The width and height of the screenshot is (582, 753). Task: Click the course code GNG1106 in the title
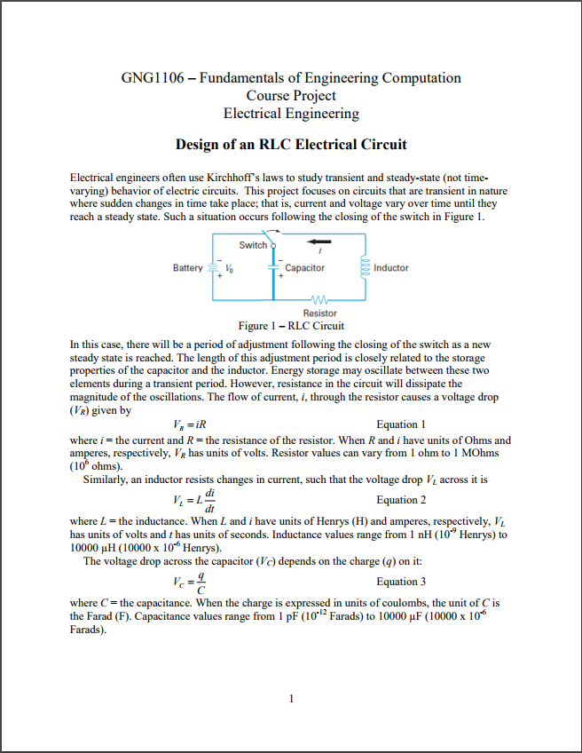coord(152,78)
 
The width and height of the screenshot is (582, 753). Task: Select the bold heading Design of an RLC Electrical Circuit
coord(291,145)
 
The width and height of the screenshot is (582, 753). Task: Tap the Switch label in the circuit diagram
coord(253,245)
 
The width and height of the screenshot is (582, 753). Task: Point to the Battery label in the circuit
coord(188,267)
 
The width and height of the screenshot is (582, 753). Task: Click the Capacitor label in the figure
coord(305,267)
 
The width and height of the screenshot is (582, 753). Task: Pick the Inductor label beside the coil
coord(391,267)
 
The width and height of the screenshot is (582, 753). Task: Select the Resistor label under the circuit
coord(319,313)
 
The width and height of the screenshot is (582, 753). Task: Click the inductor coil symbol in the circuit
coord(363,266)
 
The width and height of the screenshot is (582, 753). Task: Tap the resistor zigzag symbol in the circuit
coord(319,299)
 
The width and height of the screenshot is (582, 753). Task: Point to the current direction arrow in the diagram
coord(319,241)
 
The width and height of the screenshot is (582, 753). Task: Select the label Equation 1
coord(401,424)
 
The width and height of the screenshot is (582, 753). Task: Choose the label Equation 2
coord(401,500)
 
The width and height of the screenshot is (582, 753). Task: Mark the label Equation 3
coord(401,582)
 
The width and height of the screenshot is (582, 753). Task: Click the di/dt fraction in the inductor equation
coord(209,500)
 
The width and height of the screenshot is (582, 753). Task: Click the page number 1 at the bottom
coord(291,698)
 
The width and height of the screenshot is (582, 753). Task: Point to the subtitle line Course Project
coord(291,95)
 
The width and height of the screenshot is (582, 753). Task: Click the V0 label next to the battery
coord(230,268)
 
